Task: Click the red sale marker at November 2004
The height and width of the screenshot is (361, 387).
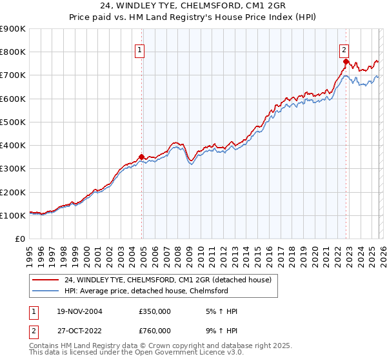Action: tap(142, 157)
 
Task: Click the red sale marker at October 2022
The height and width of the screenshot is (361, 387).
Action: tap(346, 62)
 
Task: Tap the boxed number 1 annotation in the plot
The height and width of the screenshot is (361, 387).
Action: tap(139, 52)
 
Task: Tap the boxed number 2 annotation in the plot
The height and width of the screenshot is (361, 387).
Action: tap(344, 52)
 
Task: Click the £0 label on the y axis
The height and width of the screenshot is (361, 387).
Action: tap(19, 239)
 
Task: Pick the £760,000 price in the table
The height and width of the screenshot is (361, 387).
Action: tap(154, 331)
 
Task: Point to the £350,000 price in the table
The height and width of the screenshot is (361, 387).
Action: tap(154, 311)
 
